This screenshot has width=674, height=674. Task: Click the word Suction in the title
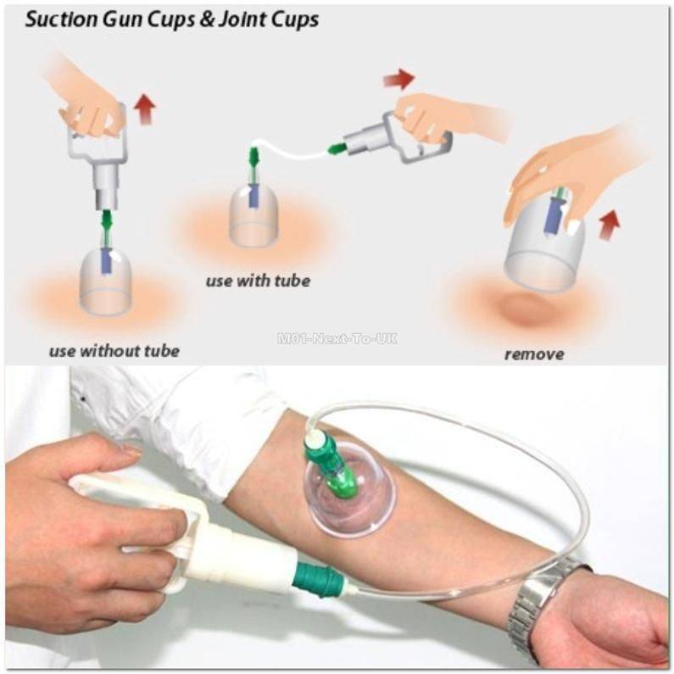pyautogui.click(x=58, y=19)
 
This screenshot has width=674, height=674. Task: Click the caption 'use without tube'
pyautogui.click(x=114, y=350)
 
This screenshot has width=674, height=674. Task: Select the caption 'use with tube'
pyautogui.click(x=258, y=281)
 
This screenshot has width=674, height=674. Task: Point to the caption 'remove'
pyautogui.click(x=533, y=354)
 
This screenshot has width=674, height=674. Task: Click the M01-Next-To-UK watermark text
pyautogui.click(x=337, y=338)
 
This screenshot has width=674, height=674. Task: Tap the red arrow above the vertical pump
pyautogui.click(x=145, y=109)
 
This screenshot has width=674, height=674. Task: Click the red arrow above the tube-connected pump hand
pyautogui.click(x=398, y=80)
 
